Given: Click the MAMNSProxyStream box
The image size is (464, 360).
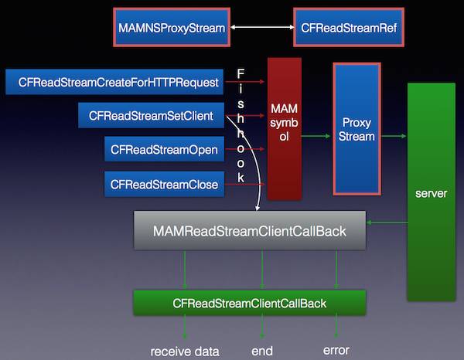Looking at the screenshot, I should coord(172,28).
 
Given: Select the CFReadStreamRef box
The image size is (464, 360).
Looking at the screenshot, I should coord(349,28).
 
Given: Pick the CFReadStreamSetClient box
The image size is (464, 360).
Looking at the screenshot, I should coord(151,116).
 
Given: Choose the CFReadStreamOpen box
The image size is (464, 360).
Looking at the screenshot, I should coord(164,149).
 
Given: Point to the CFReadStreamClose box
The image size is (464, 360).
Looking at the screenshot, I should coord(164,184).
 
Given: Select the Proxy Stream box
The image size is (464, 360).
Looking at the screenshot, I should coord(357,127).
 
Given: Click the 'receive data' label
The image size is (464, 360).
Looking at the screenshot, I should coord(185,352).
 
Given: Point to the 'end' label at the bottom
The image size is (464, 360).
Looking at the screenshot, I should coord(262,352).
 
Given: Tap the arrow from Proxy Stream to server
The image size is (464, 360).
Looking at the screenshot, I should coord(394,137).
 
